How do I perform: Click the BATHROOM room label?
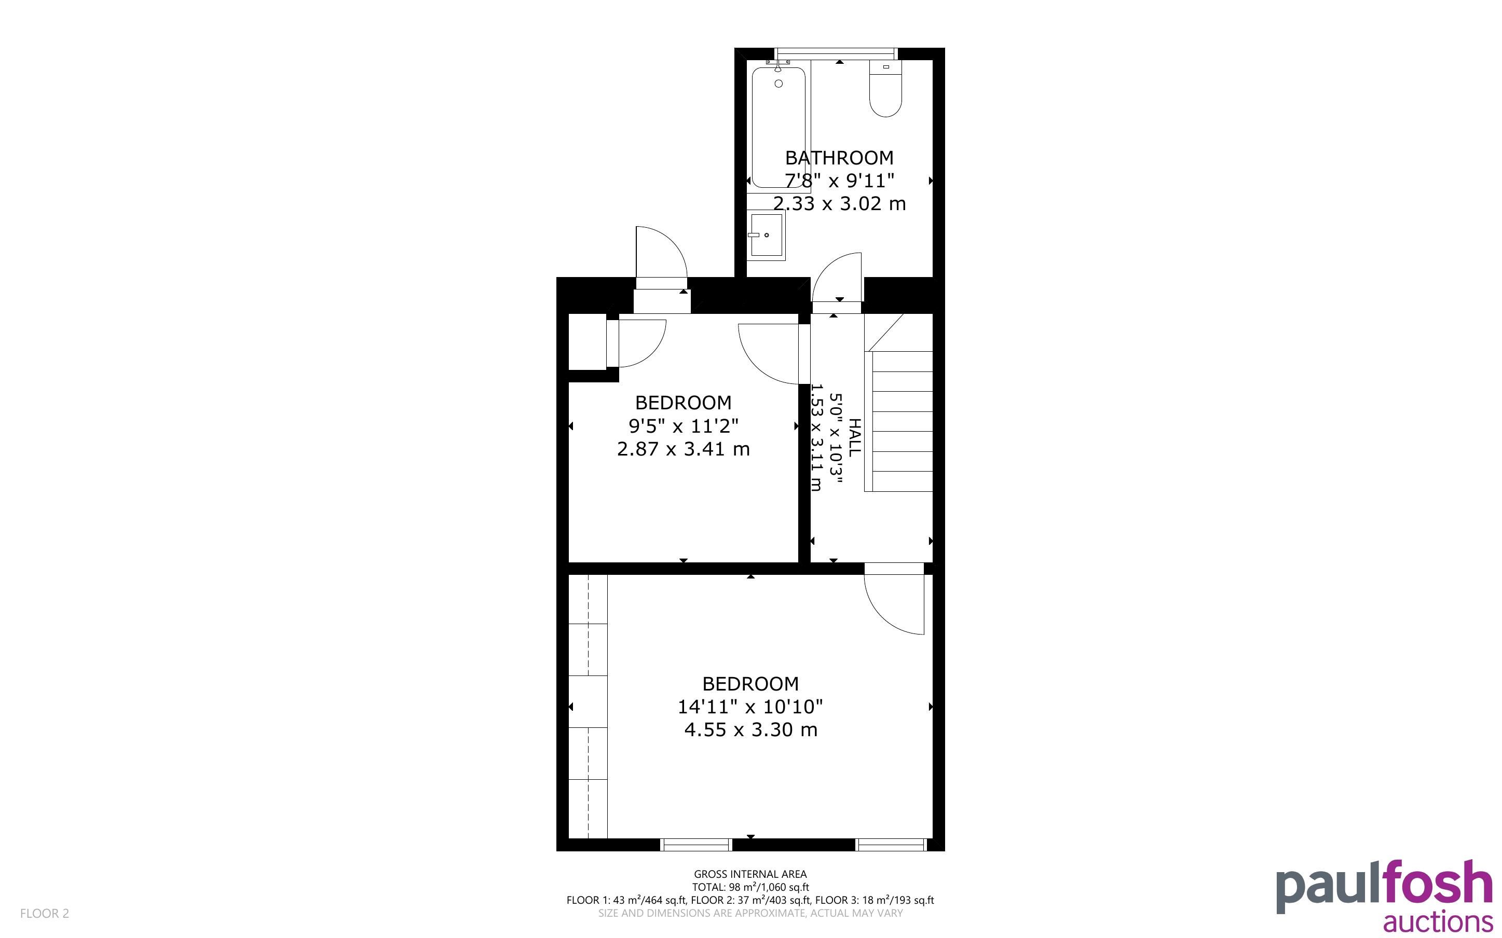click(839, 158)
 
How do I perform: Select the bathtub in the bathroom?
click(779, 127)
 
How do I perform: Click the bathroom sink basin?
click(766, 235)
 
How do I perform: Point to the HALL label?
click(854, 438)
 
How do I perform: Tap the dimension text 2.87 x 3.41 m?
click(683, 449)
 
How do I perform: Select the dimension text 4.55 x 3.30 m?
click(750, 729)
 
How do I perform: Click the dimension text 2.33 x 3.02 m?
click(839, 203)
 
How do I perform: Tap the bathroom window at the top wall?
click(835, 54)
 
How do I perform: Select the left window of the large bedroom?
click(696, 844)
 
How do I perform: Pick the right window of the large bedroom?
click(892, 844)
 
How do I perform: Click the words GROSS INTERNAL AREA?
click(750, 875)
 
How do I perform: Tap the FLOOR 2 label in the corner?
click(45, 913)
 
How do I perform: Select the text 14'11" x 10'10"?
click(750, 707)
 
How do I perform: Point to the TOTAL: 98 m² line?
click(750, 887)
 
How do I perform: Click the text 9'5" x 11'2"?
click(683, 425)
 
